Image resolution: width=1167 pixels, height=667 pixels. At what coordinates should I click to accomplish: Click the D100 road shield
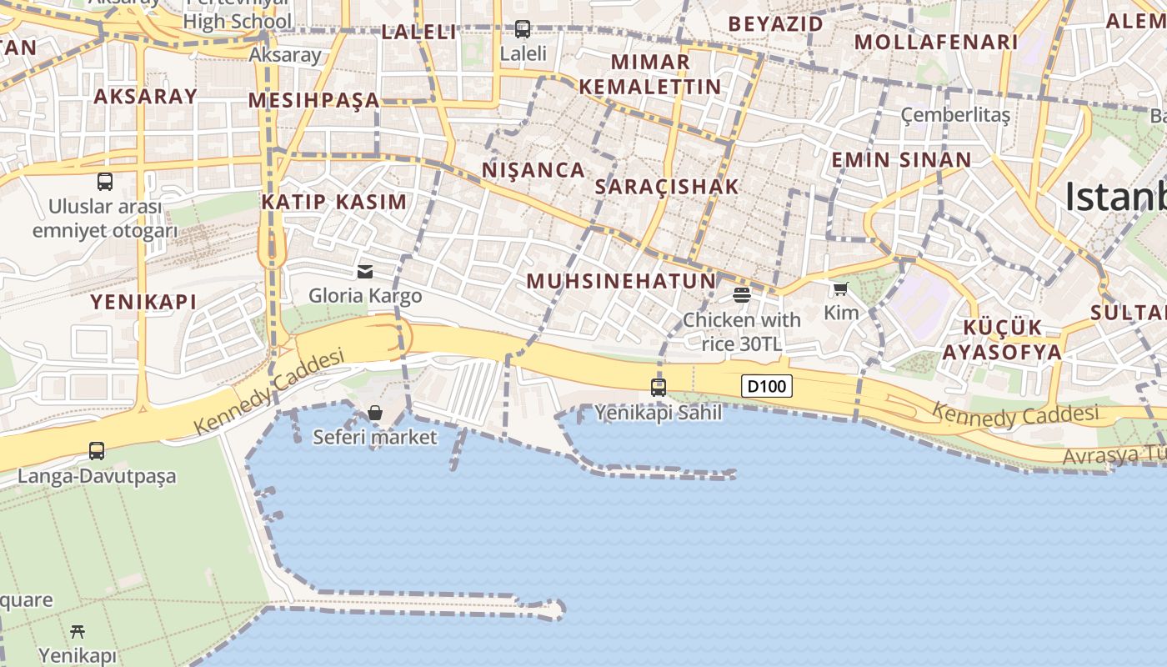click(x=766, y=386)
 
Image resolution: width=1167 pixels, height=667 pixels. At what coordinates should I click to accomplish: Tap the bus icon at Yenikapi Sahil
click(x=659, y=387)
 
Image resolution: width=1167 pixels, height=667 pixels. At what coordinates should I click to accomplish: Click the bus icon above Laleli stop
click(x=523, y=29)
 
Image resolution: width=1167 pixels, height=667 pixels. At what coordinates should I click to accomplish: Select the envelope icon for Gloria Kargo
click(x=365, y=271)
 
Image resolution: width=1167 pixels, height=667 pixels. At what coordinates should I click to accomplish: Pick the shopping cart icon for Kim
click(x=840, y=289)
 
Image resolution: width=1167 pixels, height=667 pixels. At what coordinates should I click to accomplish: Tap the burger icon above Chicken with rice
click(x=742, y=294)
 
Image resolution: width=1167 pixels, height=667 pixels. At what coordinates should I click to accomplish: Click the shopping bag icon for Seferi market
click(x=375, y=413)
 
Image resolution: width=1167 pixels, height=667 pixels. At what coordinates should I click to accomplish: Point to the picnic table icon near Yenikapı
click(x=78, y=631)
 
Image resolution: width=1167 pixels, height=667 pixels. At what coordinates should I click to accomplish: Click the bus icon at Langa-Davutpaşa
click(x=97, y=451)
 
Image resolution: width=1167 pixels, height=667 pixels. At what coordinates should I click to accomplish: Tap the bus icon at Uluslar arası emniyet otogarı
click(x=105, y=181)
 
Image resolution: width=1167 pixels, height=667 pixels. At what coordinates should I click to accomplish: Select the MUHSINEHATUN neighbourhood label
click(x=621, y=281)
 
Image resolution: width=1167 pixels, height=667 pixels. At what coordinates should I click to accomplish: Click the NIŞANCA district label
click(x=533, y=170)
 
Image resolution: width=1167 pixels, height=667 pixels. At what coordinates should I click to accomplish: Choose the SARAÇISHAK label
click(x=667, y=187)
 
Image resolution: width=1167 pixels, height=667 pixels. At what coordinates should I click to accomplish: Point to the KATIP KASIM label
click(x=334, y=202)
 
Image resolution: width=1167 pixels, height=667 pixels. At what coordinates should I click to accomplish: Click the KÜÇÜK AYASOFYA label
click(x=1002, y=339)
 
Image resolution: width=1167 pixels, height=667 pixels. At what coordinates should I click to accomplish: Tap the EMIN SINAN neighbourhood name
click(x=901, y=160)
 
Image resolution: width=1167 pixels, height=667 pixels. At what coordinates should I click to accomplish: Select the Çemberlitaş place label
click(x=955, y=115)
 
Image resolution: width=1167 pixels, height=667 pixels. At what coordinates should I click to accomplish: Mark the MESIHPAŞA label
click(x=313, y=101)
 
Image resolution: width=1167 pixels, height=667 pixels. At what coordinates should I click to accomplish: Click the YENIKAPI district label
click(x=143, y=302)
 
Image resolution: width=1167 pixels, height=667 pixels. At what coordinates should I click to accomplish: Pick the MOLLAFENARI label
click(x=936, y=42)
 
